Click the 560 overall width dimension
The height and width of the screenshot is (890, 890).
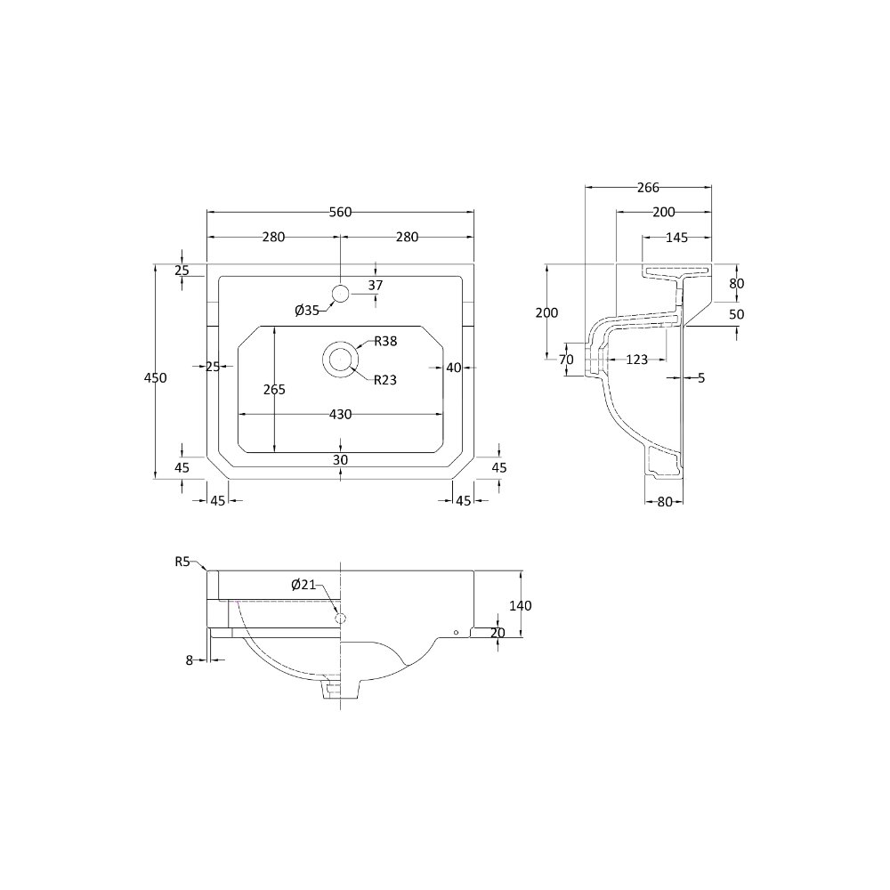[341, 213]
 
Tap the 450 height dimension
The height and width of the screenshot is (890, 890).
[156, 378]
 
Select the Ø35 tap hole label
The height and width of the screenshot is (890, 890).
[307, 311]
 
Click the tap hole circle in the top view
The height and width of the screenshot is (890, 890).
[341, 294]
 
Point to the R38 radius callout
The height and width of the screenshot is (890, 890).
[385, 341]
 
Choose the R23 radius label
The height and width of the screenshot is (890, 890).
[384, 380]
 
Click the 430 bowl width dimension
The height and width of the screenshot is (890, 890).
[341, 415]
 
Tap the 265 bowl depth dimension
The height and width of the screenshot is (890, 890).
[274, 390]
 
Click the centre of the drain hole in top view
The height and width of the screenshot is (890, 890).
[341, 360]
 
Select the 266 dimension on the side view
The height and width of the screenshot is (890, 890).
[648, 187]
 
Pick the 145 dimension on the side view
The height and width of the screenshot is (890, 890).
[676, 238]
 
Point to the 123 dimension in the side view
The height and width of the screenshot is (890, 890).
[637, 360]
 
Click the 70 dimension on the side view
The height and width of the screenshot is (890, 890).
[566, 360]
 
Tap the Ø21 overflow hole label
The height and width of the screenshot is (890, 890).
[303, 584]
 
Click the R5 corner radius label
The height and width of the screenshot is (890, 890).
[182, 562]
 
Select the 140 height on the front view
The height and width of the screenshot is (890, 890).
[521, 605]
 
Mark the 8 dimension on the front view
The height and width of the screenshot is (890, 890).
[190, 659]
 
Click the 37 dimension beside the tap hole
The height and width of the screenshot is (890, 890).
[376, 285]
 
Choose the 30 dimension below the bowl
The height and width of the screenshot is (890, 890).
[340, 460]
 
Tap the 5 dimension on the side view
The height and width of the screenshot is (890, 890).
[701, 377]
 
